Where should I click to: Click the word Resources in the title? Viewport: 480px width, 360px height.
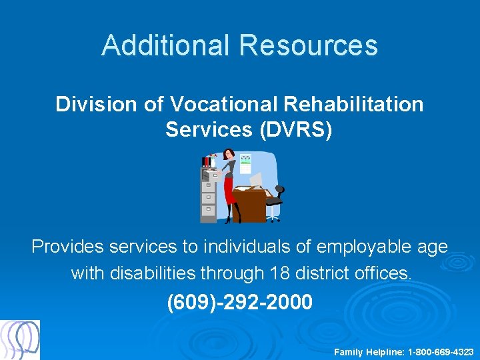(308, 45)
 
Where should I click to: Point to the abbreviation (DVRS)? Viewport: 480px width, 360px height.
(294, 129)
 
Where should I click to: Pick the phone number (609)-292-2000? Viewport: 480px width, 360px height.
(239, 302)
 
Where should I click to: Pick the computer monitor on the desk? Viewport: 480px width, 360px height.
(256, 179)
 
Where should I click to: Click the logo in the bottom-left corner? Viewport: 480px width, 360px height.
(20, 340)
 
